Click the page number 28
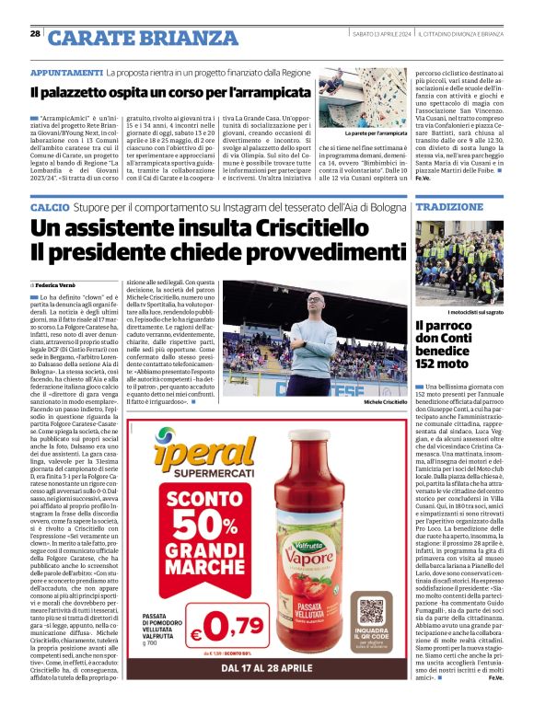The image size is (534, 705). point(35,34)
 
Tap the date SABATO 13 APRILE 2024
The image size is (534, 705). point(378,34)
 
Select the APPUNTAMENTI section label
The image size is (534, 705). point(65,72)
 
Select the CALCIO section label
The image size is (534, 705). point(48,207)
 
